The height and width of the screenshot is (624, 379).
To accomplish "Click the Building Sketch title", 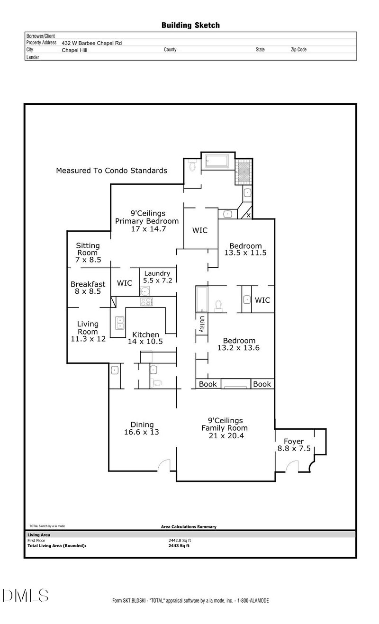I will tap(190, 25).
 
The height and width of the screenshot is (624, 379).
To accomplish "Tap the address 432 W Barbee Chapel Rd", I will tap(91, 43).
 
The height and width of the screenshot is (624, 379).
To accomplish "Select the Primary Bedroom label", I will tap(147, 221).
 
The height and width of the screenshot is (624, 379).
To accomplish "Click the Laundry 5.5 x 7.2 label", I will tap(157, 277).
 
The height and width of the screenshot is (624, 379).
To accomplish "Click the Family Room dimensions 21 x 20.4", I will tap(226, 436).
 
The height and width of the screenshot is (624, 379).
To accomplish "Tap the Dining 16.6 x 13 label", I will tap(142, 428).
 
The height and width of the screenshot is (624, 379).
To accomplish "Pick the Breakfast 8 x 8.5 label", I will tap(88, 288).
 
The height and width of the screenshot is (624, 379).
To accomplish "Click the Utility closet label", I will tap(202, 325).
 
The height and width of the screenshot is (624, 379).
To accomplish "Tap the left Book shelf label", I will tap(208, 384).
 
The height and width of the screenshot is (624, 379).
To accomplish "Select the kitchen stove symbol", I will tap(146, 301).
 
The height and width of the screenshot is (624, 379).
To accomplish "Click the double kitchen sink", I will tap(120, 323).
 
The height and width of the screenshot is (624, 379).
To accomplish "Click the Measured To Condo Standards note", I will tap(111, 171).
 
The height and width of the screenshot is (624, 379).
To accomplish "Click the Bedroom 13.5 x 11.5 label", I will tap(245, 249).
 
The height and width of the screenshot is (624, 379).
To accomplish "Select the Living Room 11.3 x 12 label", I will tap(88, 331).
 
